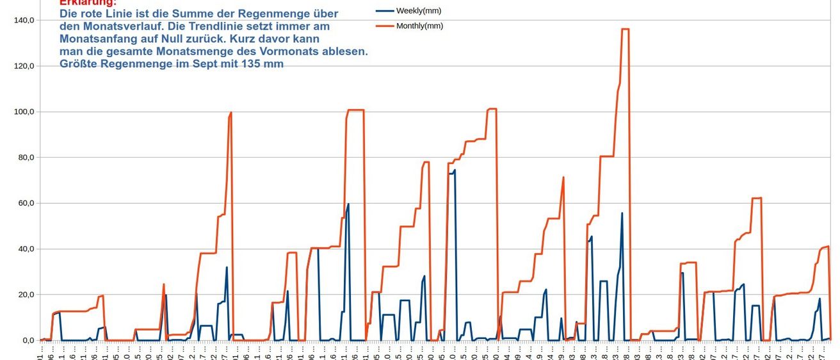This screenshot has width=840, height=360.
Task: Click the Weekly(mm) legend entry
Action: (x=419, y=11)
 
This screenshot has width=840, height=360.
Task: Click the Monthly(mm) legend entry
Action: (x=419, y=26)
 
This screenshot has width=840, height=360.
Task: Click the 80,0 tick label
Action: (x=25, y=158)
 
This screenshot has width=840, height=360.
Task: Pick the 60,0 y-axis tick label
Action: (x=25, y=204)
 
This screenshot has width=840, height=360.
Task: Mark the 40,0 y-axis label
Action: (x=25, y=249)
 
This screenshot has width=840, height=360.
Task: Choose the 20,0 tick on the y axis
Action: (x=25, y=295)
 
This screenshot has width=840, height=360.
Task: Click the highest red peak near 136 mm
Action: (x=625, y=29)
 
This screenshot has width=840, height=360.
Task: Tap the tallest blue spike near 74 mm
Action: (x=455, y=170)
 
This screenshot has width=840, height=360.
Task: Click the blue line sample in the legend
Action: (x=384, y=11)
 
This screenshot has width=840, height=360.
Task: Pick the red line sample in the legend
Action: (x=384, y=26)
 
